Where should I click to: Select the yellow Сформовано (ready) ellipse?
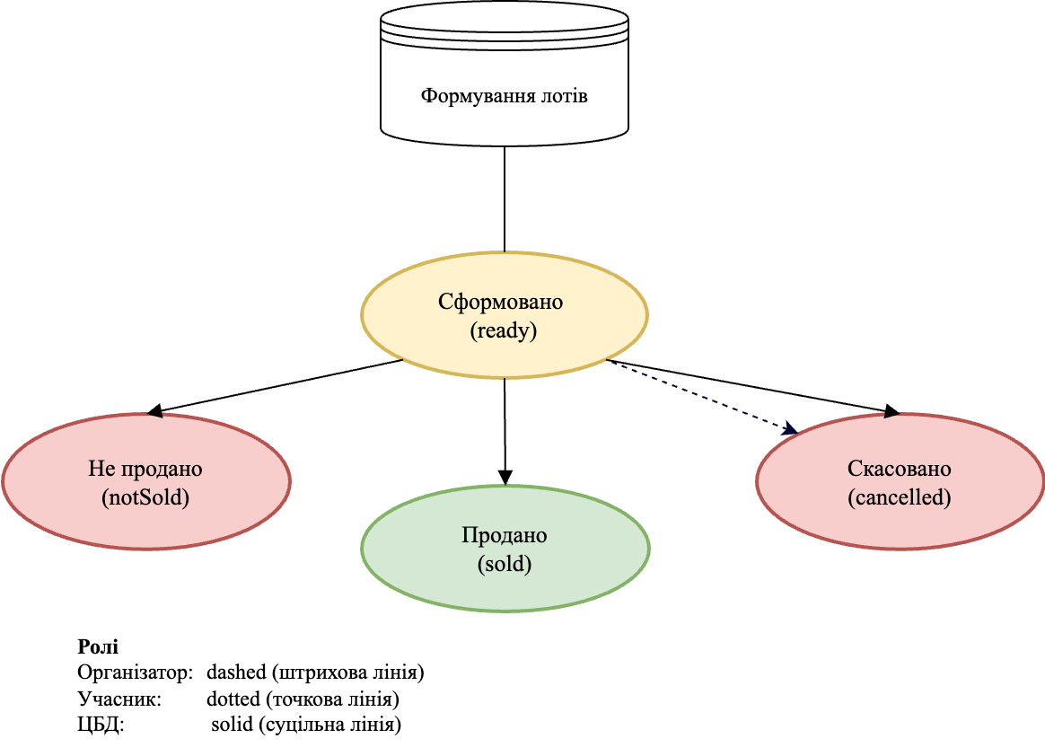tap(504, 315)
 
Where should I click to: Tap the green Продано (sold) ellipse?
tap(505, 549)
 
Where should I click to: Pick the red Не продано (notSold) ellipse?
tap(145, 482)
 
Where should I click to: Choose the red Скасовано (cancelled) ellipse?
tap(900, 482)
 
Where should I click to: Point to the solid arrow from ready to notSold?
tap(278, 386)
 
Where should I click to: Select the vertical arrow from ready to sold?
tap(505, 431)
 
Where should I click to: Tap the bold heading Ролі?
tap(98, 647)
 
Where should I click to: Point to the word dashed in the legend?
tap(235, 672)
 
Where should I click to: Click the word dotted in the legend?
tap(232, 699)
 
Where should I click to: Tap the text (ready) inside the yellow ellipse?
tap(503, 330)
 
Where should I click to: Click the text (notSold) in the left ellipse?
tap(145, 497)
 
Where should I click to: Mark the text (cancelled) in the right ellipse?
tap(900, 497)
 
